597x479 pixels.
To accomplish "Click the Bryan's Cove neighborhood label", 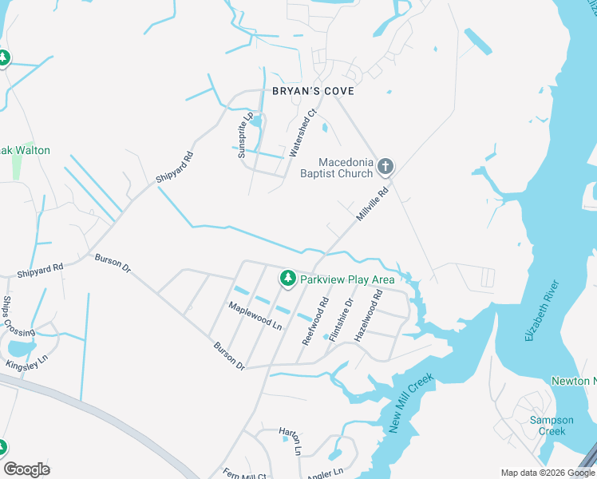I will [313, 92].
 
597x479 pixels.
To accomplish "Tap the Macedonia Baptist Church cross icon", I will [385, 166].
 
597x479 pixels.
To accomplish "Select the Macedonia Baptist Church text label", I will [336, 167].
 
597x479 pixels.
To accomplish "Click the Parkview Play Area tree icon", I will [287, 279].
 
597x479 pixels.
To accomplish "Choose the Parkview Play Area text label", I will [347, 279].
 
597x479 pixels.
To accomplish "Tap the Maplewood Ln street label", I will [255, 316].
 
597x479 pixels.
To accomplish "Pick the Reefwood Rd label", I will [315, 321].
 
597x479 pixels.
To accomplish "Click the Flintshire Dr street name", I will [341, 319].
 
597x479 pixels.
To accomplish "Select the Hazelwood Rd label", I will [369, 315].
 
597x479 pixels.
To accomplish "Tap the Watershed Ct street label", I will [304, 133].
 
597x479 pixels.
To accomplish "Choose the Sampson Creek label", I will [552, 426].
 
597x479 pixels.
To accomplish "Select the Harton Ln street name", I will [290, 441].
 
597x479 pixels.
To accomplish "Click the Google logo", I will [26, 469].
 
